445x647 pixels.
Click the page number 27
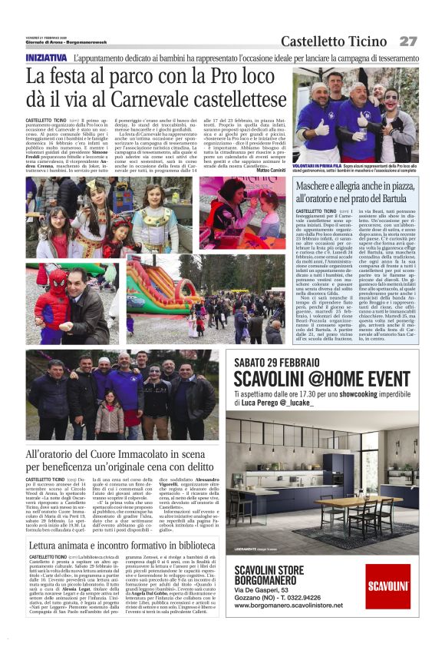pos(407,41)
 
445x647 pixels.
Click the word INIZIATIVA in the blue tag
pos(46,58)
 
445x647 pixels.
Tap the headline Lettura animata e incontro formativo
pos(122,546)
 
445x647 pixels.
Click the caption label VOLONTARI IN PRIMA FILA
pos(321,164)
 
